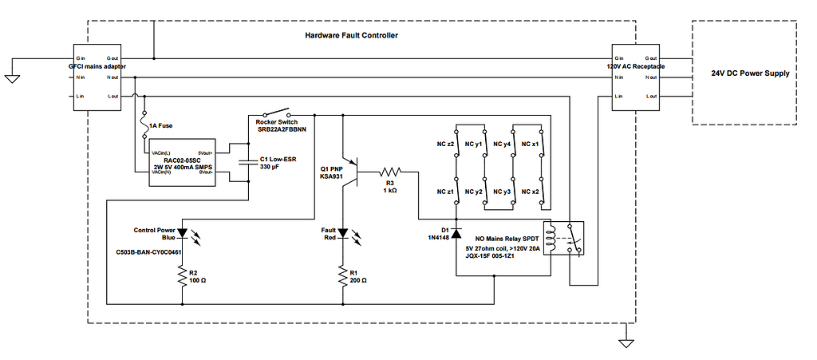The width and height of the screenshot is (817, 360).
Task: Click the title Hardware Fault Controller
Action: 351,36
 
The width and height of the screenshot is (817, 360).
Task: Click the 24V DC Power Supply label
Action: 749,73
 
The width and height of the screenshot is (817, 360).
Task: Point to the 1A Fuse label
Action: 161,125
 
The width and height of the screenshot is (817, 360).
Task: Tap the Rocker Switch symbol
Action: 277,113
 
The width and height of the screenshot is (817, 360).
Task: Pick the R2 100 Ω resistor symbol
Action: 183,275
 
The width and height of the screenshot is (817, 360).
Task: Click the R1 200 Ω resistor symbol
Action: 343,275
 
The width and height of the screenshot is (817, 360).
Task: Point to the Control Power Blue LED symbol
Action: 183,234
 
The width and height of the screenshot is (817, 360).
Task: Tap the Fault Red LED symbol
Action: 343,234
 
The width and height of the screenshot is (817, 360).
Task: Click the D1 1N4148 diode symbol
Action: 456,232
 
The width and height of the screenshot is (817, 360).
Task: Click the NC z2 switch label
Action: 445,144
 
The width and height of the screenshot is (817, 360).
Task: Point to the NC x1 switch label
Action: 530,144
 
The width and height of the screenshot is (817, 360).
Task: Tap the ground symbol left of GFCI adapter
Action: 12,77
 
